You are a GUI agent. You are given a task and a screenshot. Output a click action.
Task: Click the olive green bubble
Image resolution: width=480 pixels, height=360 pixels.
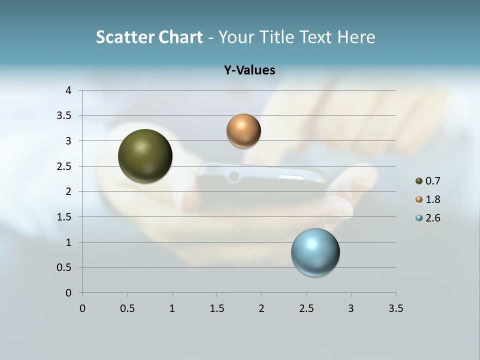(145, 156)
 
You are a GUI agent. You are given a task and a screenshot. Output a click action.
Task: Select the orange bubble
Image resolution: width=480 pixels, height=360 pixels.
(243, 131)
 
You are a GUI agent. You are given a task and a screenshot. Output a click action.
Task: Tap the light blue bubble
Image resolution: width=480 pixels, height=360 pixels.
(315, 252)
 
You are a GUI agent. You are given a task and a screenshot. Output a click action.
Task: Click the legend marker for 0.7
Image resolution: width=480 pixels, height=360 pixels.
(419, 181)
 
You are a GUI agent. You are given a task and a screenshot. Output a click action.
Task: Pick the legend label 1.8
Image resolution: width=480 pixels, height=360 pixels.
(432, 199)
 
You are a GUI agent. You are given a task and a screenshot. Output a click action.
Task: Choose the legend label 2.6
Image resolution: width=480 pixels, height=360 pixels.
(432, 218)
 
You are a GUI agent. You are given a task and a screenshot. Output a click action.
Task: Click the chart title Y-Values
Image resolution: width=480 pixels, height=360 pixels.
(249, 70)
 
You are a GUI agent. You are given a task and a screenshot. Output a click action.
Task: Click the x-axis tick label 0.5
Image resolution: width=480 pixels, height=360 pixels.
(127, 308)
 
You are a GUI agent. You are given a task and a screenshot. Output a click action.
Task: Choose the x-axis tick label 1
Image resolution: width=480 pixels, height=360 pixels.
(172, 308)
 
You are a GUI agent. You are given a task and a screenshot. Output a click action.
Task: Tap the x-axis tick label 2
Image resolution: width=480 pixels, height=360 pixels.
(261, 308)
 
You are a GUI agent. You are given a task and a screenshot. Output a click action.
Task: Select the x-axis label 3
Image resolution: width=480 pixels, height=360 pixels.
(351, 308)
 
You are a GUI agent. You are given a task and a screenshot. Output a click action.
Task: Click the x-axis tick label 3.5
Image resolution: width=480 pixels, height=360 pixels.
(395, 308)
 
